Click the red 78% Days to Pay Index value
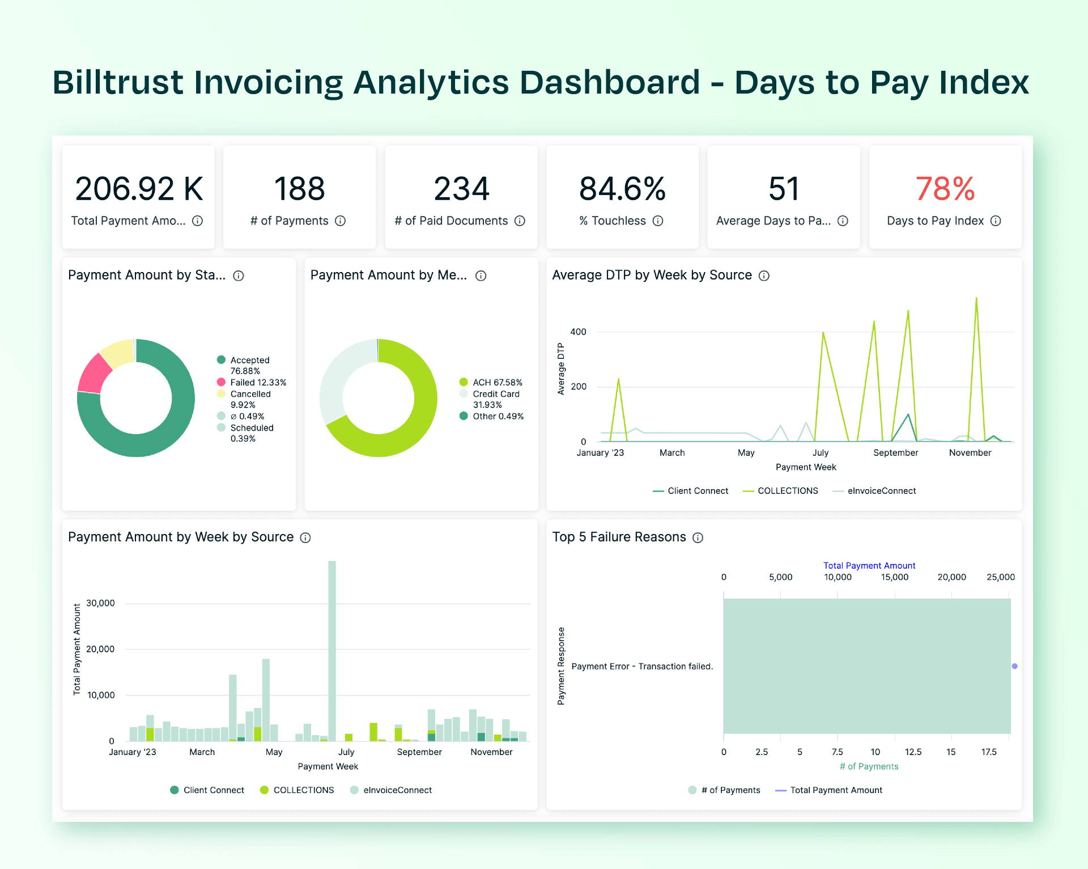pyautogui.click(x=945, y=189)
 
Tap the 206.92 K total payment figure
pyautogui.click(x=139, y=189)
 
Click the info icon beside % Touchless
pyautogui.click(x=658, y=221)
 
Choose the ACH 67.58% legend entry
pyautogui.click(x=491, y=383)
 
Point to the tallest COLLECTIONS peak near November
pyautogui.click(x=976, y=299)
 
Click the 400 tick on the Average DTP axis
pyautogui.click(x=578, y=332)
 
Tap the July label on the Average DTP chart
pyautogui.click(x=820, y=453)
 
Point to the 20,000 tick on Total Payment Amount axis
pyautogui.click(x=100, y=649)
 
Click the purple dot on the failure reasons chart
pyautogui.click(x=1014, y=666)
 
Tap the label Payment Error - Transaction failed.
pyautogui.click(x=642, y=667)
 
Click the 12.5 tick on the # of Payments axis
pyautogui.click(x=913, y=752)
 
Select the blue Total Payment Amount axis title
pyautogui.click(x=869, y=566)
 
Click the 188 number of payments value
pyautogui.click(x=299, y=189)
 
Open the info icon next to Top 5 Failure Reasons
pyautogui.click(x=698, y=538)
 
